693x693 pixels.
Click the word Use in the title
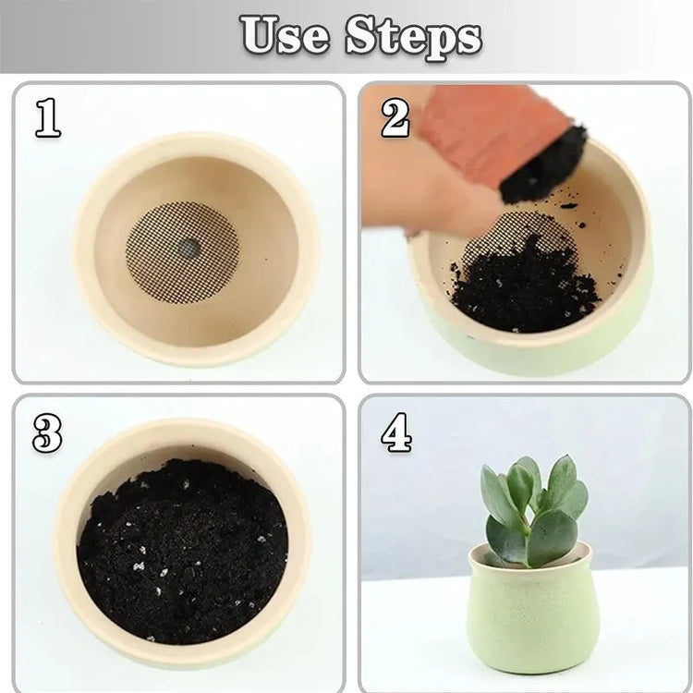tap(285, 34)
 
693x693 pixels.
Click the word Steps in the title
tap(413, 38)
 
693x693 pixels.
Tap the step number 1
tap(48, 117)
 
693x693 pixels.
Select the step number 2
tap(395, 117)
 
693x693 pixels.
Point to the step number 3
tap(47, 433)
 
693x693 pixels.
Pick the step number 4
tap(396, 432)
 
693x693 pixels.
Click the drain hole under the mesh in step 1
tap(188, 249)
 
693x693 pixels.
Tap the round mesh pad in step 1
tap(182, 252)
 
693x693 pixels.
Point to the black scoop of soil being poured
tap(543, 165)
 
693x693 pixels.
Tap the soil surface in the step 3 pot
tap(182, 551)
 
